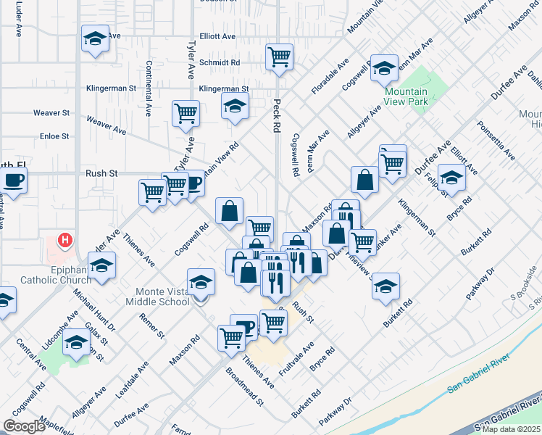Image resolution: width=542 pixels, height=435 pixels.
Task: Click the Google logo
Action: pyautogui.click(x=24, y=426)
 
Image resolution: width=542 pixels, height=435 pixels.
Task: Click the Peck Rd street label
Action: pyautogui.click(x=276, y=115)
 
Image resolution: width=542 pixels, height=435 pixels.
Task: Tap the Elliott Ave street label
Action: pyautogui.click(x=218, y=36)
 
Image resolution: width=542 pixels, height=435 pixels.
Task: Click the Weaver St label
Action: pyautogui.click(x=51, y=113)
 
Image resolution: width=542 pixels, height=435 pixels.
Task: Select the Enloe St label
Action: pyautogui.click(x=54, y=136)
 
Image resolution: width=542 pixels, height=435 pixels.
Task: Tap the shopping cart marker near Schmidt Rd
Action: pyautogui.click(x=279, y=56)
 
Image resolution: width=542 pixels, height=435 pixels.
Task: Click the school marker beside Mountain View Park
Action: pyautogui.click(x=384, y=67)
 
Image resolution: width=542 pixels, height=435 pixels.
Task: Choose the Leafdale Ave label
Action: pyautogui.click(x=133, y=383)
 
